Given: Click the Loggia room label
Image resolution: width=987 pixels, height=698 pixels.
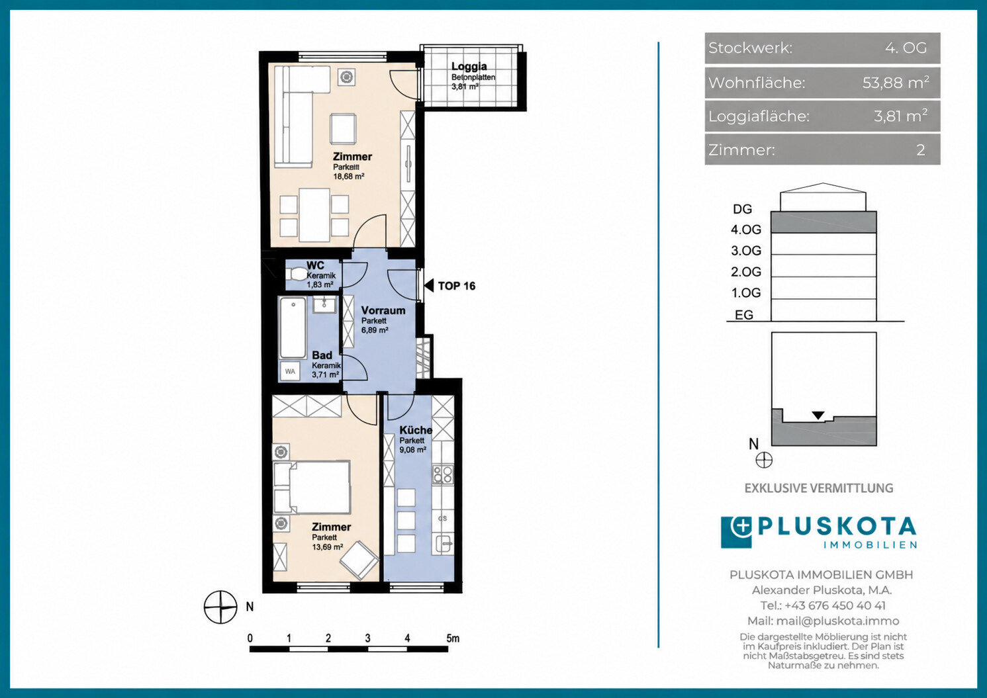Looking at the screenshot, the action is click(x=469, y=67).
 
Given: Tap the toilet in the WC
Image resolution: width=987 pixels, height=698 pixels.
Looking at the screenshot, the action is click(x=295, y=275).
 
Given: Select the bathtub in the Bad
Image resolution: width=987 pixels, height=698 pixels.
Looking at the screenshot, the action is click(x=293, y=327).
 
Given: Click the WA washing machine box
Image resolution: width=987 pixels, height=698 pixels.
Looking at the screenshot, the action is click(x=289, y=371).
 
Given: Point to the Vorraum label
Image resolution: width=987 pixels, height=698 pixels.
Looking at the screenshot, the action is click(x=383, y=310).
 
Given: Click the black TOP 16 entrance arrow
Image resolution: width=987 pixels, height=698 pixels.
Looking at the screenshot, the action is click(x=429, y=285).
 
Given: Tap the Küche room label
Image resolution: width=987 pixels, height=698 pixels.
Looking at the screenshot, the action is click(x=416, y=430).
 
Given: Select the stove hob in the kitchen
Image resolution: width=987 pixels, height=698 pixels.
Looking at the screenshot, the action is click(x=442, y=474).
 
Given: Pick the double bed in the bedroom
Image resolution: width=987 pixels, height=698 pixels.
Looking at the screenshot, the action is click(x=312, y=487).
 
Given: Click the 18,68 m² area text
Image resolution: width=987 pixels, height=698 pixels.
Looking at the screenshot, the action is click(x=349, y=177).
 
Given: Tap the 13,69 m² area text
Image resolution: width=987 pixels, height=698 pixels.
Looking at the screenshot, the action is click(x=328, y=547).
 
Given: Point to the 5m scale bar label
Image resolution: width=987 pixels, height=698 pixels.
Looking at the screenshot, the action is click(x=453, y=638).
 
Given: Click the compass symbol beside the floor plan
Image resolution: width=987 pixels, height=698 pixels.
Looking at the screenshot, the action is click(x=220, y=607).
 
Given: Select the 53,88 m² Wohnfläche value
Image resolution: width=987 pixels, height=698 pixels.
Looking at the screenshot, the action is click(x=896, y=82).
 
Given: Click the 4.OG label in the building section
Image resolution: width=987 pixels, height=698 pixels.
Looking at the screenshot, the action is click(x=746, y=230).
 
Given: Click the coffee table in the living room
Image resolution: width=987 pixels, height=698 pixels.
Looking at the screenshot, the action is click(x=344, y=128).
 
